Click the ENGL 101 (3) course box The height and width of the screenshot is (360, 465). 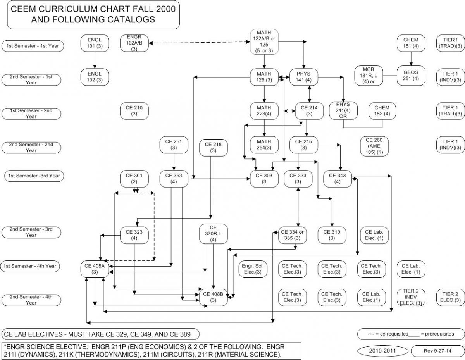(x=95, y=43)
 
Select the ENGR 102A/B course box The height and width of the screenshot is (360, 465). (x=134, y=43)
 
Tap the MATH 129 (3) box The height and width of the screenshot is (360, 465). (x=264, y=77)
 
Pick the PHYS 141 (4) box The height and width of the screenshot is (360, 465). (x=303, y=77)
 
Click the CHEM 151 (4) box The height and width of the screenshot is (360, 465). (x=411, y=43)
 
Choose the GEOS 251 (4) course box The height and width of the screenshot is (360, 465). (x=411, y=76)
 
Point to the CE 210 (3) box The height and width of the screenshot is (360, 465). (x=134, y=110)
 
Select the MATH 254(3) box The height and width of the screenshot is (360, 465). (x=264, y=145)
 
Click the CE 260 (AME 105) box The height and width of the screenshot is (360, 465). (x=374, y=146)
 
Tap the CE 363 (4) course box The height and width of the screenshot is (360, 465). (x=174, y=179)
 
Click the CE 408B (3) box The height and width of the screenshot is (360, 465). (x=213, y=297)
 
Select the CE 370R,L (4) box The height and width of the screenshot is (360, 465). (x=213, y=234)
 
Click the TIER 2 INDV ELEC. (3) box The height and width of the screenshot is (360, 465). (x=411, y=297)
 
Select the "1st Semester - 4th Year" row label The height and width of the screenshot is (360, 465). (x=31, y=266)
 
